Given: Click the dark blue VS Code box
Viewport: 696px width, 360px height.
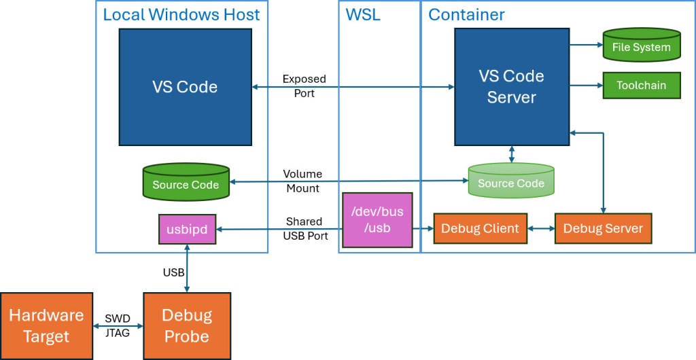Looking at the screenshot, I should (186, 86).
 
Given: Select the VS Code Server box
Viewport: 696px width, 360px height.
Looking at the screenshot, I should (511, 86).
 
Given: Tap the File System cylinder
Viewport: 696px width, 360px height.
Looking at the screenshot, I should (641, 45).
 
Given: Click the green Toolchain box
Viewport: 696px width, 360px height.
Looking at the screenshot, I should (641, 86).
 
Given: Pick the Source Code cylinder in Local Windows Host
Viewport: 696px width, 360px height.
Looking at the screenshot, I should (186, 183).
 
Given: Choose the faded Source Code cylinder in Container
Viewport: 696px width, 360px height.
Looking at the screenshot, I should (510, 181).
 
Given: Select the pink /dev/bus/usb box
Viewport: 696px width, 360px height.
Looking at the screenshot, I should (377, 219).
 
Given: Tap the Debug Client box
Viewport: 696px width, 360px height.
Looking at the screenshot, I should (480, 228).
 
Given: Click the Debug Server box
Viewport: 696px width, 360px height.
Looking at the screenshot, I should (603, 228).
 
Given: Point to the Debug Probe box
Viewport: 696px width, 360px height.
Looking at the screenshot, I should (186, 325).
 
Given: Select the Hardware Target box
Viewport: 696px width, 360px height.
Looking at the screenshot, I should (46, 325).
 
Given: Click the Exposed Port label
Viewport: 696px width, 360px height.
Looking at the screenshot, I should (304, 86).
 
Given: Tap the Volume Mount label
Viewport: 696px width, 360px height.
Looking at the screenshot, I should (302, 181).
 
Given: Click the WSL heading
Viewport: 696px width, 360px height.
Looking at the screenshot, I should (363, 15).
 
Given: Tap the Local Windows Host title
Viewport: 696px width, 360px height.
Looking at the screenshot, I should (181, 15).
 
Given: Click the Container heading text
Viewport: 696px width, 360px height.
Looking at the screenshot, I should (466, 15).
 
